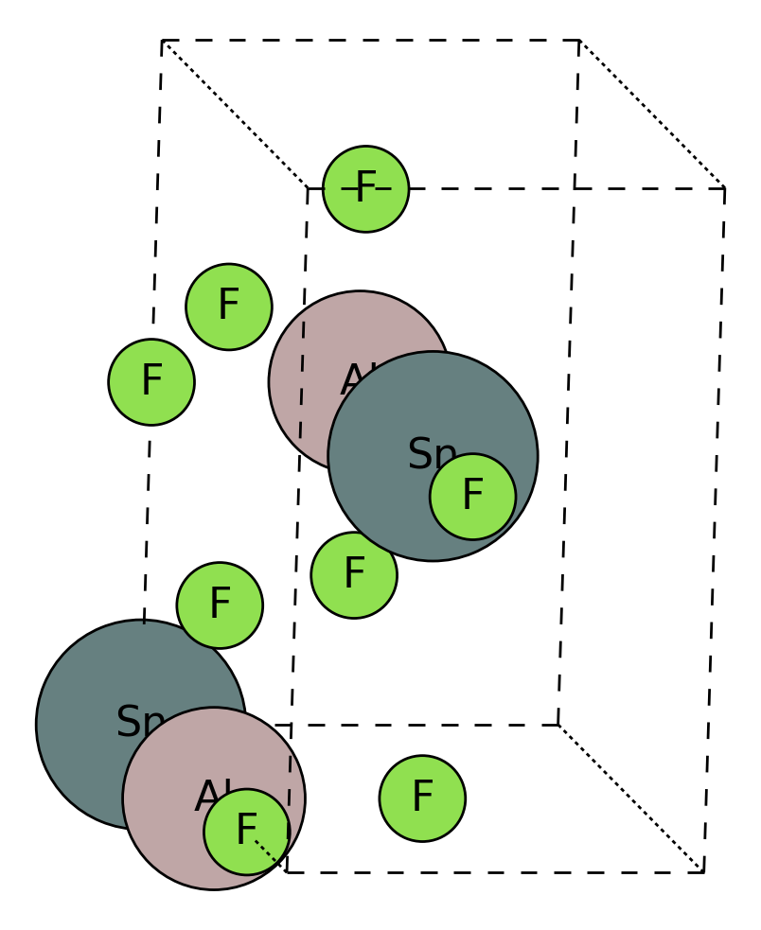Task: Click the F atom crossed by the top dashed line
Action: (x=365, y=188)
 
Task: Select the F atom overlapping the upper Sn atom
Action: (x=472, y=497)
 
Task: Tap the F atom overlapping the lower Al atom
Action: (x=246, y=832)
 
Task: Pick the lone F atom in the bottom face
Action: (x=422, y=798)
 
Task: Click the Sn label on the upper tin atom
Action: (x=432, y=455)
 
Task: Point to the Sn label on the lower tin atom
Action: (x=139, y=723)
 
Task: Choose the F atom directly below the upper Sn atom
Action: (x=354, y=574)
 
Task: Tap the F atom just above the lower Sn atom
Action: (x=220, y=605)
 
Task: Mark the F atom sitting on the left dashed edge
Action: (x=151, y=381)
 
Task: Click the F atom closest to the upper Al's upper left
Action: (x=229, y=307)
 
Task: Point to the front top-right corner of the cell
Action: (x=724, y=188)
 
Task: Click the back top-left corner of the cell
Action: (x=163, y=41)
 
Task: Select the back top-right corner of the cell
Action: (x=579, y=41)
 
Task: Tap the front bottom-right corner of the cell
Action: (x=703, y=871)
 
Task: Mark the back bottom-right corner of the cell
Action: (x=558, y=725)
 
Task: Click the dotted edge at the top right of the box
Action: (x=651, y=114)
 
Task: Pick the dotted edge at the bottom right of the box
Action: (x=630, y=798)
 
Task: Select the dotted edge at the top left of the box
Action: (x=235, y=114)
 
